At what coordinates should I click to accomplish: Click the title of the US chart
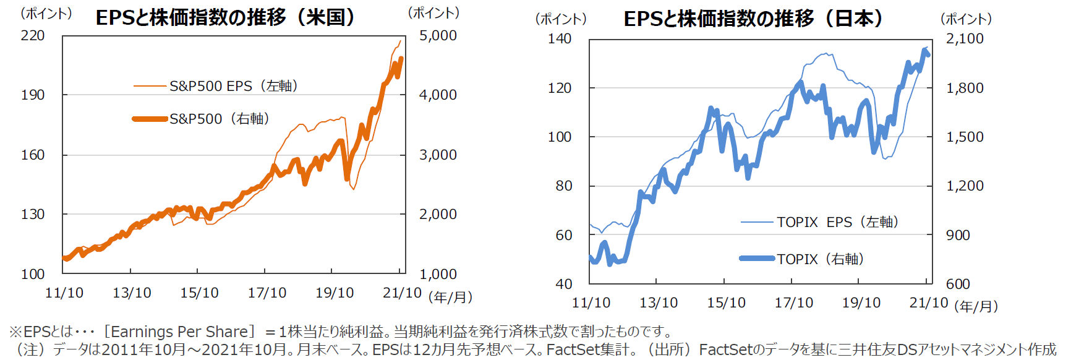(x=226, y=17)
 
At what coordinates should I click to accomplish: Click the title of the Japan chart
(x=753, y=19)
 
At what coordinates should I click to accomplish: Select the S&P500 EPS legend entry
(x=234, y=86)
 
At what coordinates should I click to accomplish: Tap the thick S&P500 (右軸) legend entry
(x=220, y=119)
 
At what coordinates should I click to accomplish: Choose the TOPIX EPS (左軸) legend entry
(x=837, y=222)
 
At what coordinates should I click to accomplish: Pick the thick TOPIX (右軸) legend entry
(x=820, y=259)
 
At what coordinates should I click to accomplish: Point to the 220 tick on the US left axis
(x=33, y=36)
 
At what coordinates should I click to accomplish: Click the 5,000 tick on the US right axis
(x=438, y=36)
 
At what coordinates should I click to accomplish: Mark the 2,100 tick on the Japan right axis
(x=965, y=38)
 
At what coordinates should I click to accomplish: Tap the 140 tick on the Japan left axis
(x=560, y=38)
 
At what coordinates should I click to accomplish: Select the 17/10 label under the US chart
(x=267, y=293)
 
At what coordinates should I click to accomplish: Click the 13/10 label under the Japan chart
(x=659, y=303)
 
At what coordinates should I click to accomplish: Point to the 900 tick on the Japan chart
(x=958, y=235)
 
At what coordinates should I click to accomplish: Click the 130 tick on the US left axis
(x=33, y=215)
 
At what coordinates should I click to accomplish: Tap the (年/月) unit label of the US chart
(x=450, y=298)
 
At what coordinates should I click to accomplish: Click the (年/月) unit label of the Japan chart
(x=976, y=306)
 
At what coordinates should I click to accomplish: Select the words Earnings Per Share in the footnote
(x=179, y=332)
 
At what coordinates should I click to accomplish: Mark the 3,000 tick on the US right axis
(x=438, y=155)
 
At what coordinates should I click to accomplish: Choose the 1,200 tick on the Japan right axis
(x=965, y=186)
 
